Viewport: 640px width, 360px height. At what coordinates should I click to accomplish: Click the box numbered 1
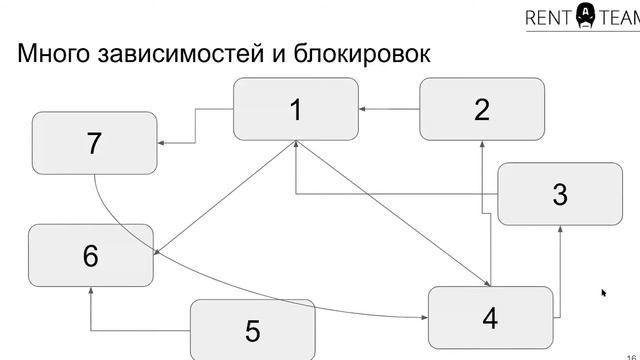[x=295, y=109]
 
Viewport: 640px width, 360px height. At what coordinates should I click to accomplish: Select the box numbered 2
[x=481, y=109]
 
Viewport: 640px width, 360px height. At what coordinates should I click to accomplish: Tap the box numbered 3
[x=559, y=194]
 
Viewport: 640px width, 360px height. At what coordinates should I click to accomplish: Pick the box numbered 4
[x=489, y=317]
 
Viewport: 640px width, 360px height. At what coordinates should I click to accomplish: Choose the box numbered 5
[x=252, y=329]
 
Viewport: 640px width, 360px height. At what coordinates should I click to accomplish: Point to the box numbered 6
[x=90, y=255]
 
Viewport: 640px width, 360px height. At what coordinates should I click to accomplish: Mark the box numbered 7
[x=94, y=143]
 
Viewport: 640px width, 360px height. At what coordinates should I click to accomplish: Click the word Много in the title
[x=55, y=54]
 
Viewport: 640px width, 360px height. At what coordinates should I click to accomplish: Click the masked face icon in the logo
[x=586, y=14]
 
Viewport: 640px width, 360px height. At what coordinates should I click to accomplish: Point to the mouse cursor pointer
[x=604, y=293]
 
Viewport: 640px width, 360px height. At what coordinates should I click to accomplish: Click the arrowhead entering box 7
[x=162, y=143]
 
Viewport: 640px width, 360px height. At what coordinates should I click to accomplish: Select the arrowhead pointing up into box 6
[x=90, y=291]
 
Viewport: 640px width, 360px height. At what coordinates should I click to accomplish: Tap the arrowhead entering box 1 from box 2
[x=363, y=109]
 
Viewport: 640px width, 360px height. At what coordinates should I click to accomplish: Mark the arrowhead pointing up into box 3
[x=559, y=230]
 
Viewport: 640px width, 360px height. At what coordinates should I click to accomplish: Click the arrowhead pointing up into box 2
[x=482, y=145]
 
